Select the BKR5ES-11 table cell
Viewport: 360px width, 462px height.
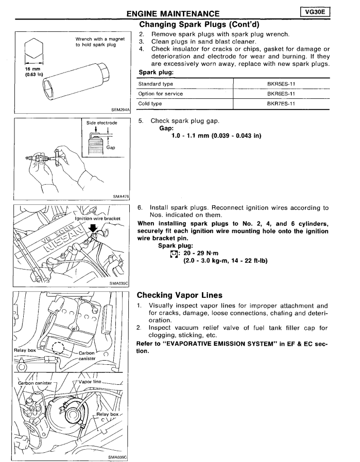click(x=281, y=83)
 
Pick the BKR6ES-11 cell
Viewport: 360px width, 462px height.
click(x=281, y=93)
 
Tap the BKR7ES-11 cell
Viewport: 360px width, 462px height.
click(x=281, y=103)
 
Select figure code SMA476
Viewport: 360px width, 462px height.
click(x=121, y=196)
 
